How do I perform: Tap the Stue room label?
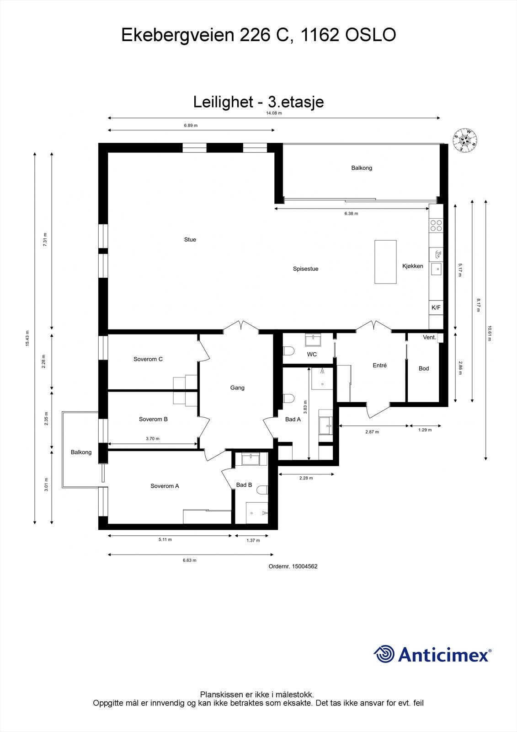coord(190,240)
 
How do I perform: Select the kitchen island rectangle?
coord(385,262)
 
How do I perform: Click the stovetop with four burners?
coord(436,225)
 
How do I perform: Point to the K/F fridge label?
coord(436,308)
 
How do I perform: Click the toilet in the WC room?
coord(288,351)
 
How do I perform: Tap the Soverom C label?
coord(148,359)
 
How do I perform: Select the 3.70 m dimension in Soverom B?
coord(152,439)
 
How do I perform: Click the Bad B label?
coord(244,485)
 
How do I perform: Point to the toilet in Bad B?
coord(262,490)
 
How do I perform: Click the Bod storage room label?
coord(424,369)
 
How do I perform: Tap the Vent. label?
coord(429,338)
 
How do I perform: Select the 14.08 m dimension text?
coord(274,113)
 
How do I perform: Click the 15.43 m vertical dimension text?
coord(27,338)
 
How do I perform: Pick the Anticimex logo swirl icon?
coord(384,654)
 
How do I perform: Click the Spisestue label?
coord(305,269)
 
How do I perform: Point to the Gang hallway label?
coord(237,388)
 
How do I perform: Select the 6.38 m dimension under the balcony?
coord(351,214)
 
